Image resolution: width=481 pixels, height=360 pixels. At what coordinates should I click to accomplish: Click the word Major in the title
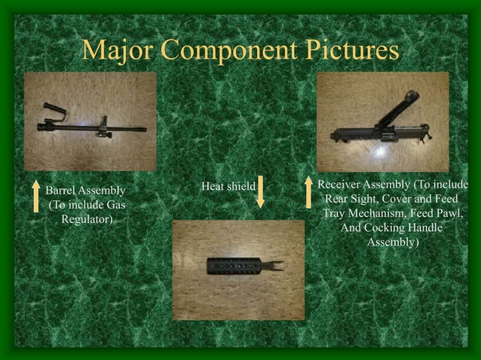[115, 50]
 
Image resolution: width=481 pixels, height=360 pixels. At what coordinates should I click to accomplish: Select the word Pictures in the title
[349, 50]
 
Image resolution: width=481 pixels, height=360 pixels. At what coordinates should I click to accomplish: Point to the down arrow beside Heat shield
[260, 193]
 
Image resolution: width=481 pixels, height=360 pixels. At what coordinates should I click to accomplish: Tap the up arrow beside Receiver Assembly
[308, 192]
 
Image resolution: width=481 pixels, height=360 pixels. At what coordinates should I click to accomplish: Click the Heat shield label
[228, 186]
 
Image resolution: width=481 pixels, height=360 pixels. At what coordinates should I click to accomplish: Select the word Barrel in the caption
[62, 191]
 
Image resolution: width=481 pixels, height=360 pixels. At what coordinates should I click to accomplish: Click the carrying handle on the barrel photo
[54, 111]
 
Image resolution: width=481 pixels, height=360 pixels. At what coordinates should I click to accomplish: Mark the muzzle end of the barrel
[143, 130]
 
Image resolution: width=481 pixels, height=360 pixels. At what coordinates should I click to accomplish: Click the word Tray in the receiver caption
[335, 214]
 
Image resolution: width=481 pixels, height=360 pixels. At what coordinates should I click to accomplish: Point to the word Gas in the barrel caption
[114, 205]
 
